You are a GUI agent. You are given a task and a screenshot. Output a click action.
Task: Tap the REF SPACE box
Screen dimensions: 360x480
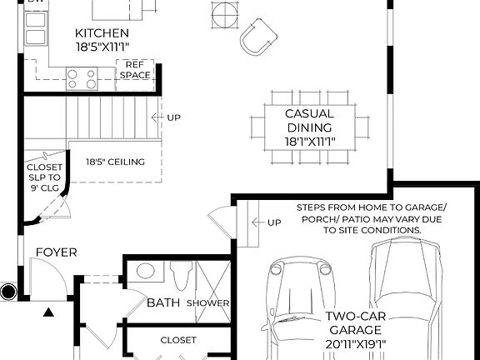click(134, 70)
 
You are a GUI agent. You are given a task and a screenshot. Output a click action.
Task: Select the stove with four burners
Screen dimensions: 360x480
click(81, 78)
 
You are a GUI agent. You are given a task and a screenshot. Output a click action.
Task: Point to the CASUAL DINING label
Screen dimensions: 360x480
click(309, 127)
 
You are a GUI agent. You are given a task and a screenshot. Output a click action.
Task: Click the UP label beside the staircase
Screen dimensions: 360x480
click(173, 117)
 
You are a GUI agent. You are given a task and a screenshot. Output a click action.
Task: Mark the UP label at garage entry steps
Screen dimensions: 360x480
click(272, 222)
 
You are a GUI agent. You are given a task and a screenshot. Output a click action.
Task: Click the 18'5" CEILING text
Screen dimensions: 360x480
click(115, 162)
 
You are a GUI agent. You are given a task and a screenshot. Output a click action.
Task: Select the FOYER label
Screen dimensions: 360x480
click(57, 252)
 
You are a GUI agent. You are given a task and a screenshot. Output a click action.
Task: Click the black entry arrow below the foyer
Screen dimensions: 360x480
click(48, 312)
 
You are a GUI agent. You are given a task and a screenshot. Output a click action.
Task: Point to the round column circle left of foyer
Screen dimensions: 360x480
click(9, 292)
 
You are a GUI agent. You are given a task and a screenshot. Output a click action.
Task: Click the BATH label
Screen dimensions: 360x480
click(162, 302)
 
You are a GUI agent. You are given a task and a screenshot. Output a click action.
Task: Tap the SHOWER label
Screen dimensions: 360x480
click(207, 302)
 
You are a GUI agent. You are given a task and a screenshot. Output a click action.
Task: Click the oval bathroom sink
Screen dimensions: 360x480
click(146, 271)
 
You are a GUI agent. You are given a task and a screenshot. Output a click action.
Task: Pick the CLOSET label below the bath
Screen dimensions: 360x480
click(177, 339)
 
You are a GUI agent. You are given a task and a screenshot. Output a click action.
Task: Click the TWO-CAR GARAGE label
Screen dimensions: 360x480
click(355, 329)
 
